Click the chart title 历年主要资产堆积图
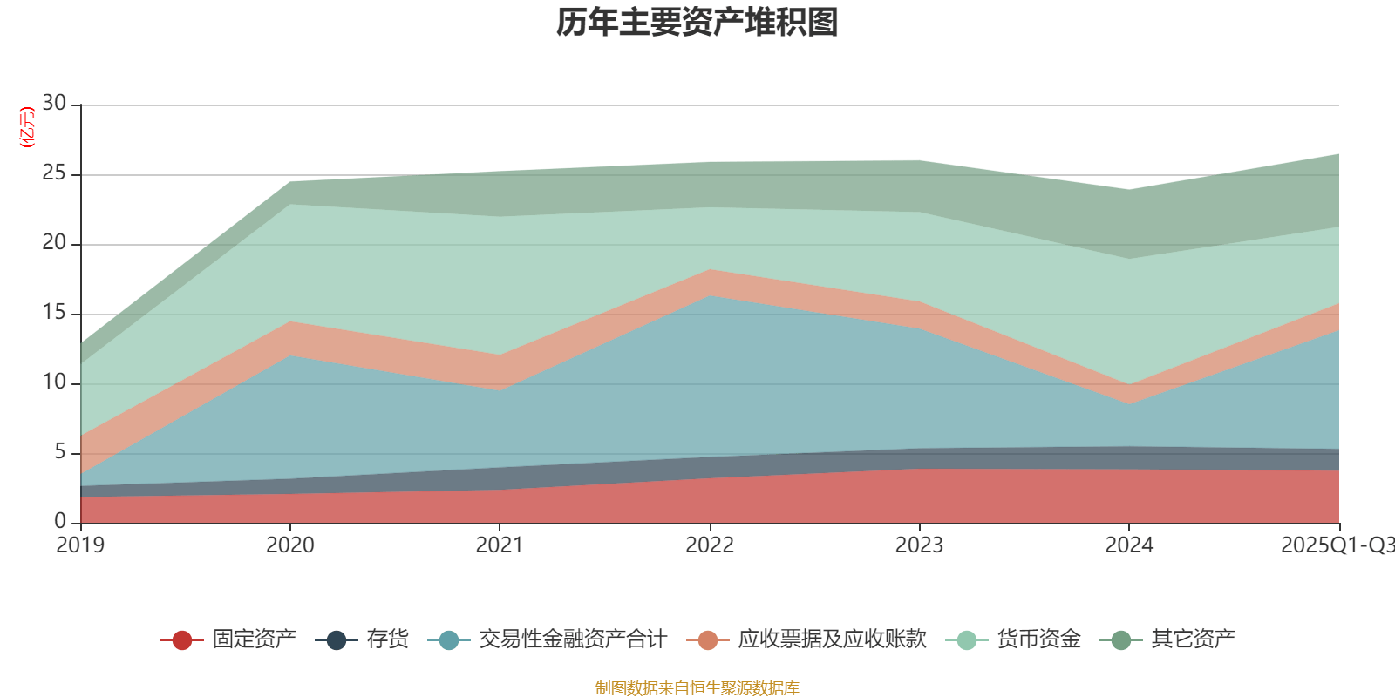point(697,23)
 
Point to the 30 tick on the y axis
point(54,103)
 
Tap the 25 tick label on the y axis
point(54,173)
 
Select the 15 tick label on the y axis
point(54,313)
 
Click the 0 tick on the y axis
point(59,521)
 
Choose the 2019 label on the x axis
point(80,545)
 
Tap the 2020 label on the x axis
point(289,545)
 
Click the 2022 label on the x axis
point(710,545)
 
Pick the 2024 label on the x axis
point(1129,545)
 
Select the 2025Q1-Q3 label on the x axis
point(1337,545)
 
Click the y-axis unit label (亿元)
point(27,127)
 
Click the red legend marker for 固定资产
point(181,640)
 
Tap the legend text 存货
point(388,639)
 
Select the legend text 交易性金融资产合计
point(573,639)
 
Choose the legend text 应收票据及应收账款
point(832,639)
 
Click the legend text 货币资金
point(1039,639)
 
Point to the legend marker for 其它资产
point(1120,640)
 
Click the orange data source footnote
point(697,688)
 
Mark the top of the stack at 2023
point(919,159)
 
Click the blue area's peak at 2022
point(710,295)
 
